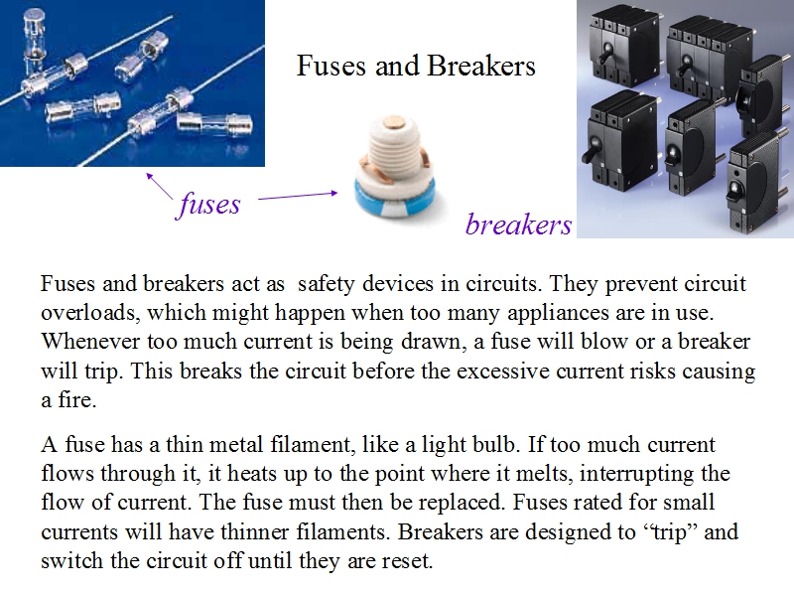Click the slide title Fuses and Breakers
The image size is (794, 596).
point(416,66)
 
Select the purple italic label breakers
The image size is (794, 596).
point(518,224)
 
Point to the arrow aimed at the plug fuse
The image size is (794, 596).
point(298,196)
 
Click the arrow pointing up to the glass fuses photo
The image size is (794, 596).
point(160,186)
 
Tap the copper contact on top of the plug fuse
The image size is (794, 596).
point(395,121)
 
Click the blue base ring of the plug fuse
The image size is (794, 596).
point(395,201)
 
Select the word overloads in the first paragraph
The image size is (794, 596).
point(89,312)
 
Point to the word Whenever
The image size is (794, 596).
point(90,341)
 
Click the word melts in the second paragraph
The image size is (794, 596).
point(543,474)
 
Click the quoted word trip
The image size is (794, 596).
point(669,532)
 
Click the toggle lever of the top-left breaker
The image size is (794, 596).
point(605,53)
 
